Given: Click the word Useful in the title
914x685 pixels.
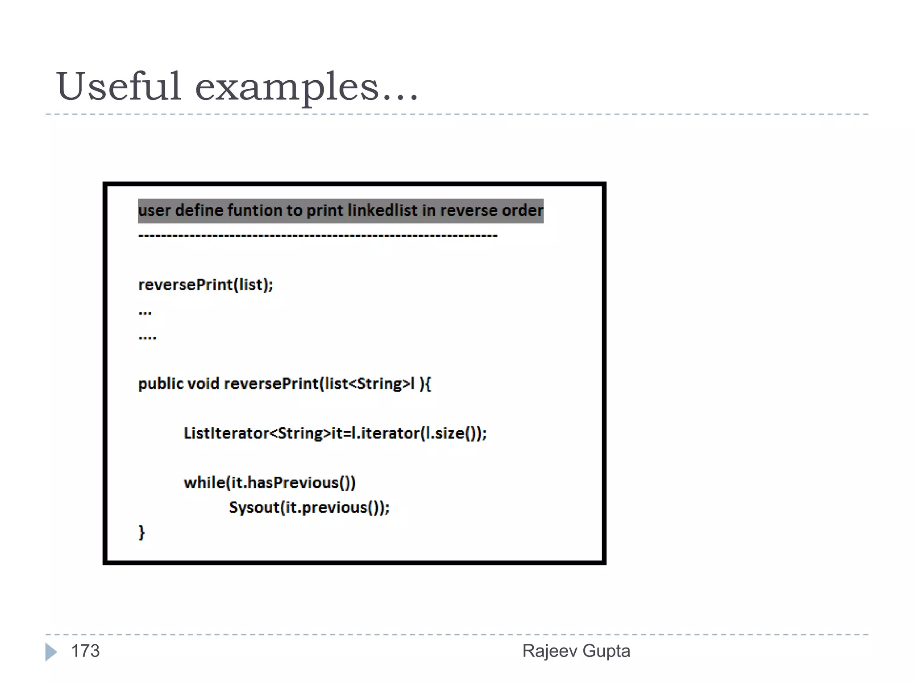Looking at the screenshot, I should pyautogui.click(x=118, y=86).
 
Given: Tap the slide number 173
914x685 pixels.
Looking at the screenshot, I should pyautogui.click(x=85, y=651).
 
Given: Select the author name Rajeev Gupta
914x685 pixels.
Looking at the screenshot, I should pyautogui.click(x=576, y=651).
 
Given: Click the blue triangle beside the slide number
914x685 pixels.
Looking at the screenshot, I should pyautogui.click(x=51, y=652).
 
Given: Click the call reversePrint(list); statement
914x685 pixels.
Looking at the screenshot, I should pyautogui.click(x=206, y=285).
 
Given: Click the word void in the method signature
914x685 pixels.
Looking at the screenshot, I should pyautogui.click(x=203, y=384).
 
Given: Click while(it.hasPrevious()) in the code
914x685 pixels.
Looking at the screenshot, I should pyautogui.click(x=270, y=483).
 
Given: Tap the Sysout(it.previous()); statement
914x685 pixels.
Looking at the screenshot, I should pyautogui.click(x=309, y=508).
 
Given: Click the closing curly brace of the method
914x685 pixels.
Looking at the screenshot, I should pyautogui.click(x=141, y=532).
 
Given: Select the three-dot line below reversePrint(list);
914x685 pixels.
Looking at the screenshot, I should pyautogui.click(x=145, y=313).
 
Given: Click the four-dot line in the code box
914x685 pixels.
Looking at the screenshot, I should pyautogui.click(x=147, y=338).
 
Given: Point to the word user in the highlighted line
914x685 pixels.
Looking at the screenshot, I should pyautogui.click(x=154, y=210).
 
